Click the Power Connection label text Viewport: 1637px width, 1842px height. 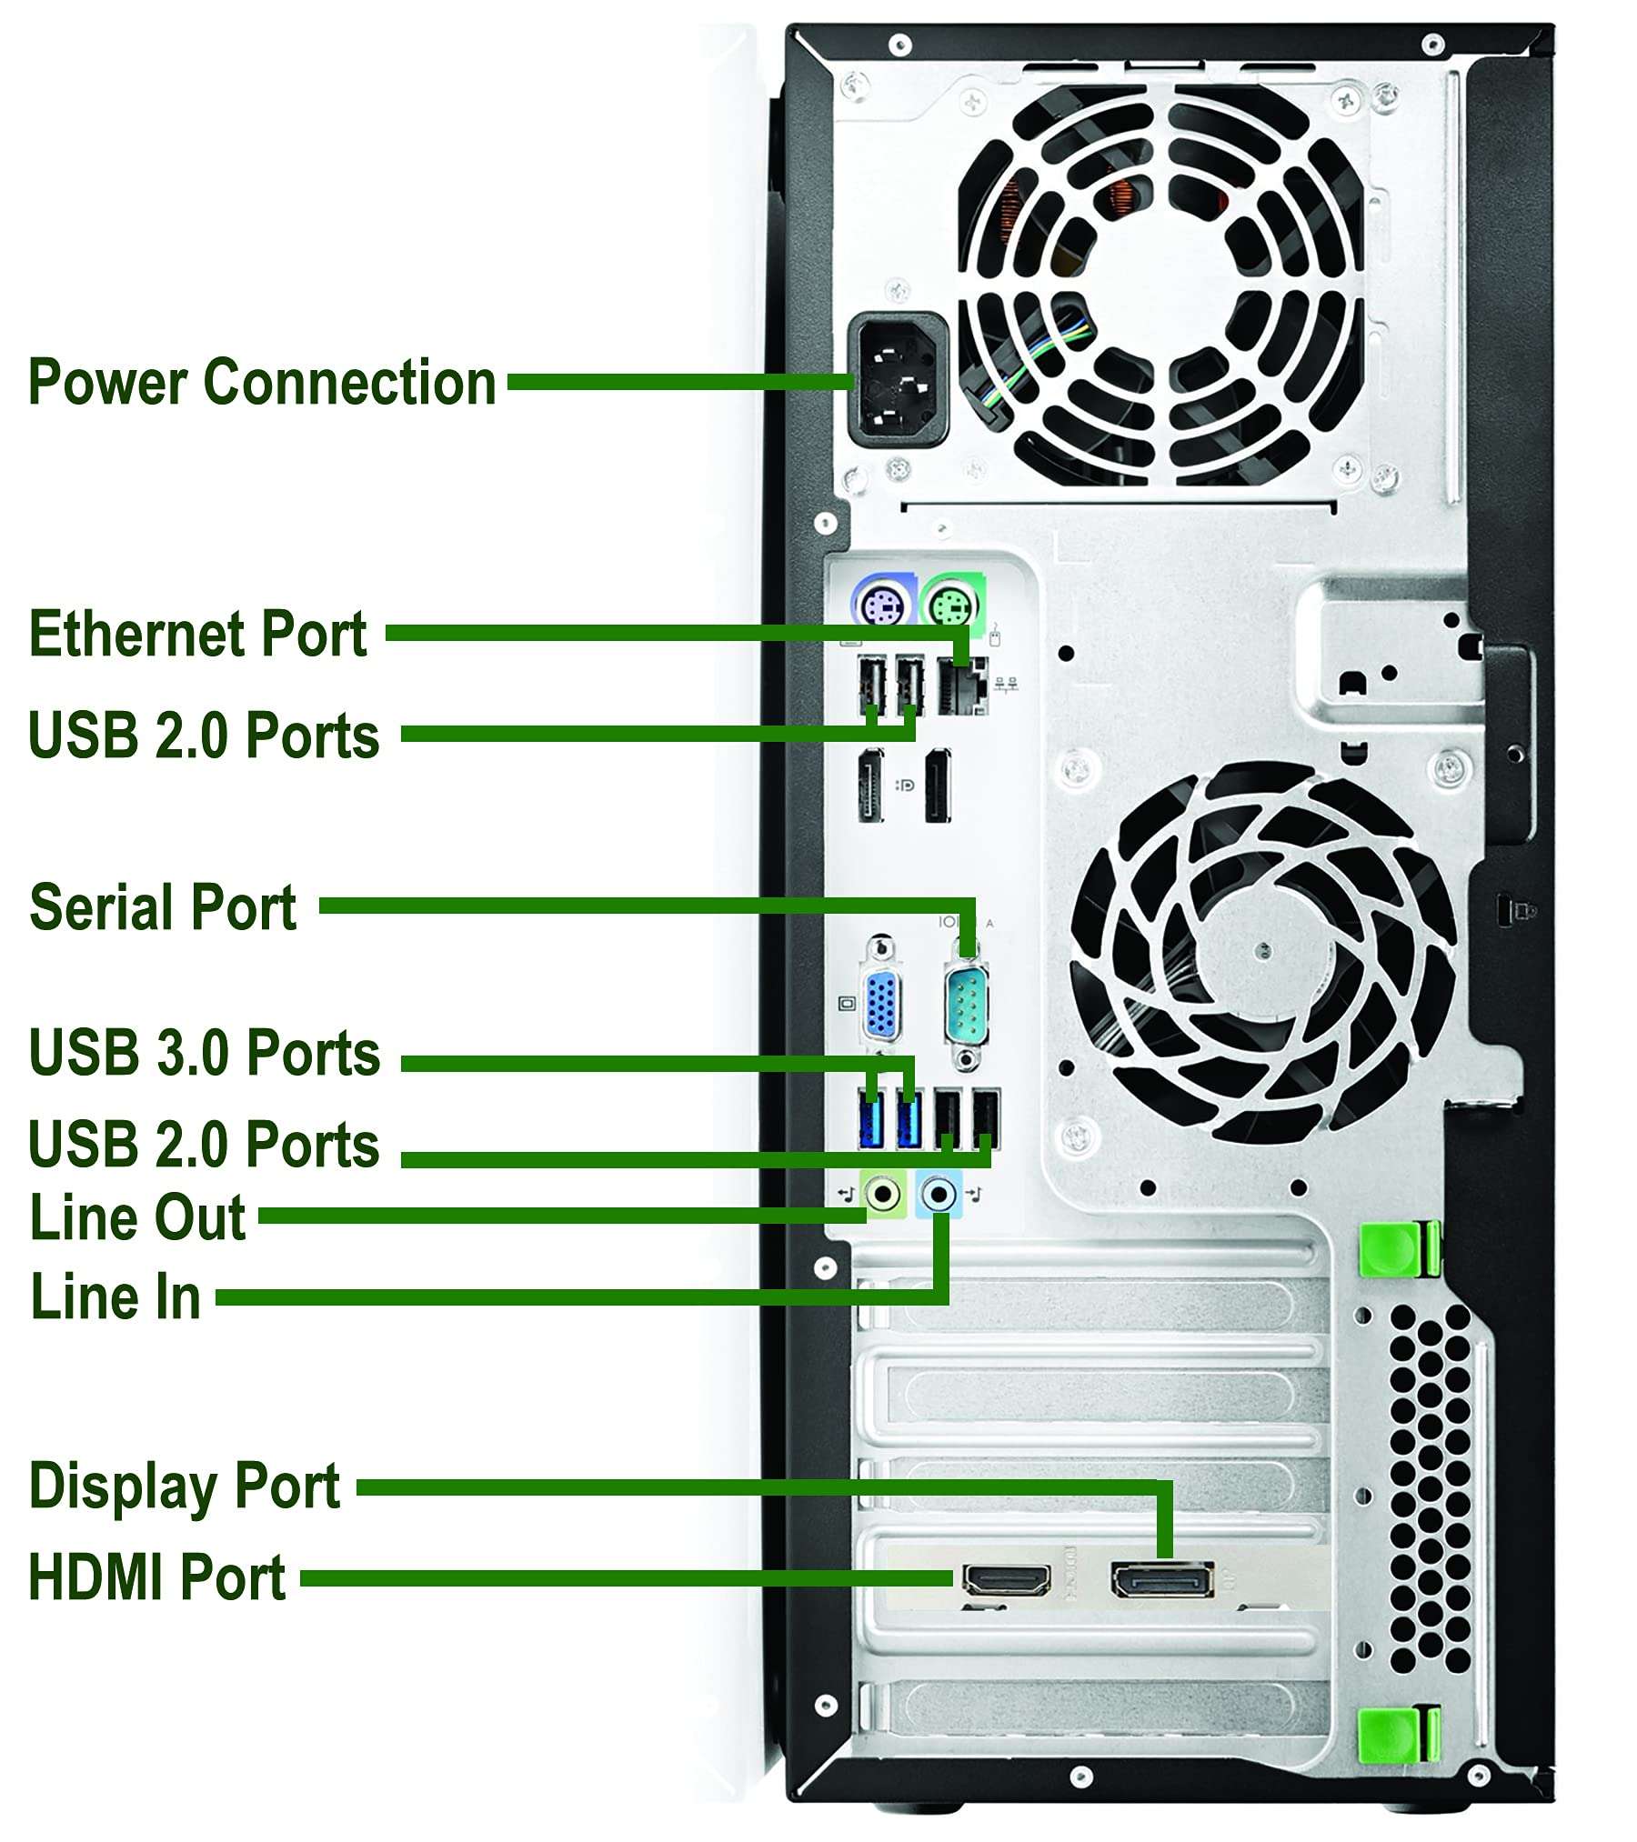[x=262, y=382]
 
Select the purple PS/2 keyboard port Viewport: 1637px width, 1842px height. [x=881, y=603]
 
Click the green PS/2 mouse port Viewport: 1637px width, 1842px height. [x=950, y=603]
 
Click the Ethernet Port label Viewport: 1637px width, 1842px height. [x=198, y=634]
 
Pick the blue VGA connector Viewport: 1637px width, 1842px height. [x=880, y=1005]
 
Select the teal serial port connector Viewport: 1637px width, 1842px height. [x=966, y=1005]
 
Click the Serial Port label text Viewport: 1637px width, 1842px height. [x=163, y=906]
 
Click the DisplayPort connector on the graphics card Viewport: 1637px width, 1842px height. [x=1161, y=1580]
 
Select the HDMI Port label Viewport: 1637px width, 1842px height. [x=157, y=1577]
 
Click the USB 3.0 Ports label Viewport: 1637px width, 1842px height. [x=205, y=1053]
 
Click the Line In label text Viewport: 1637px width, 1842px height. [x=115, y=1296]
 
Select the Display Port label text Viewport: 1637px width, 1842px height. [x=185, y=1487]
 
